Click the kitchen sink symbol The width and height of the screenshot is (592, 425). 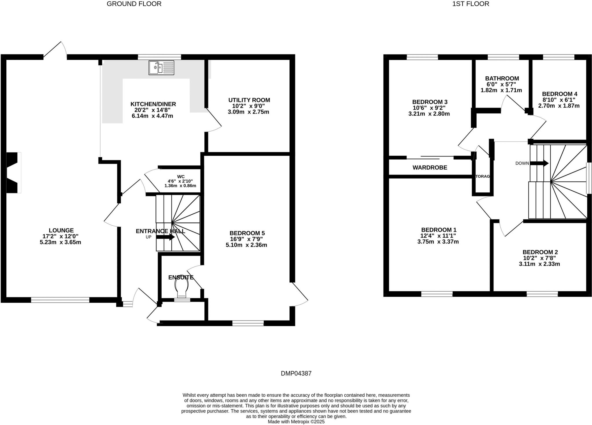point(161,68)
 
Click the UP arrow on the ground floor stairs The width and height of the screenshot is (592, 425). point(165,237)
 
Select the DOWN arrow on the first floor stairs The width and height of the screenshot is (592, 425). point(539,163)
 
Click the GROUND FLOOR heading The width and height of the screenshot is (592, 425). point(134,4)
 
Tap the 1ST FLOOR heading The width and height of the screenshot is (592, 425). point(471,4)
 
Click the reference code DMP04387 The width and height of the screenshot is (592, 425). point(296,374)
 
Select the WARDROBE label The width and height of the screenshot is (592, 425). point(430,168)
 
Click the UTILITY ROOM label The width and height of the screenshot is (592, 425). point(249,100)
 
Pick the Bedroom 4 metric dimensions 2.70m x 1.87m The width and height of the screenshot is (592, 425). point(558,106)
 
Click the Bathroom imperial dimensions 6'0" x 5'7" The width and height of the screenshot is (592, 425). point(501,84)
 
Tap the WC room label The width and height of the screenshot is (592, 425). point(181,177)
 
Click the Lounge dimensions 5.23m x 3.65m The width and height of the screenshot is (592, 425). point(60,242)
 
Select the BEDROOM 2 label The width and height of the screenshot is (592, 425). point(540,252)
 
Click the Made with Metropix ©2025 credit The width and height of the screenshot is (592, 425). point(296,422)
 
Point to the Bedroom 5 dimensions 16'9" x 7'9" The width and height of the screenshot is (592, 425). point(246,239)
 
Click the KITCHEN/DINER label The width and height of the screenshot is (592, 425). point(153,104)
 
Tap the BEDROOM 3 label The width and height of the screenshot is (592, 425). point(430,102)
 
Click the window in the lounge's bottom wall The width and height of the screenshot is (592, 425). point(60,300)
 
